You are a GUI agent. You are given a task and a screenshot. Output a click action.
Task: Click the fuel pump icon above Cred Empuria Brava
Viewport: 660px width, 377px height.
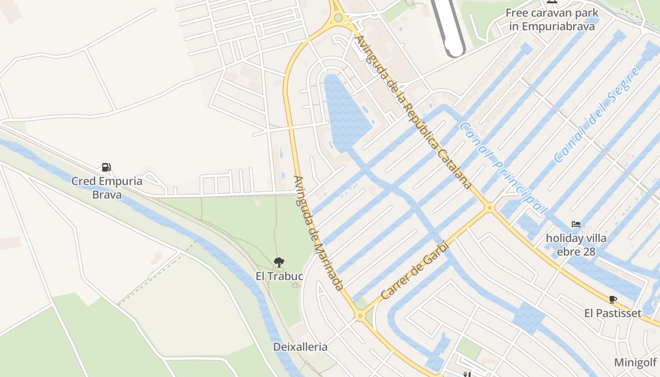[x=107, y=167]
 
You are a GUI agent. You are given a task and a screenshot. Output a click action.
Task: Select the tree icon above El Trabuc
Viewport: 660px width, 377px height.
[x=279, y=262]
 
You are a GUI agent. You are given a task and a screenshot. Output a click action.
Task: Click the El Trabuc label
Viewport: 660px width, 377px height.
[x=279, y=276]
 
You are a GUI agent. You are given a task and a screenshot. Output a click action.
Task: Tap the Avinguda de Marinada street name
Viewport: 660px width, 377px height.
[x=318, y=233]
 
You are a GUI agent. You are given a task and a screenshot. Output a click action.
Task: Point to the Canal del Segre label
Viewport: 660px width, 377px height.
[x=597, y=115]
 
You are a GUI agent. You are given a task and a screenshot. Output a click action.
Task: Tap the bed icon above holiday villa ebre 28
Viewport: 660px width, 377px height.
[x=576, y=224]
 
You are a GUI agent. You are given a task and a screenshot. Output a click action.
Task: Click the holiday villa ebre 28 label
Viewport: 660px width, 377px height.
[x=576, y=245]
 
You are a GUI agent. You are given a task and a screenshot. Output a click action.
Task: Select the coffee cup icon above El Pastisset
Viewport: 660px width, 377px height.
[x=612, y=299]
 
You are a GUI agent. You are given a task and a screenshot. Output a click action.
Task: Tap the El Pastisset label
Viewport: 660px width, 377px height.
[x=612, y=313]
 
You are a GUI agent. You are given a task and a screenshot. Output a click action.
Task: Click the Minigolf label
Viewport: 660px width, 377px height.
[x=635, y=362]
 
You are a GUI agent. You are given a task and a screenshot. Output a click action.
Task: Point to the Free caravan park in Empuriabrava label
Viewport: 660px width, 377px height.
[x=552, y=19]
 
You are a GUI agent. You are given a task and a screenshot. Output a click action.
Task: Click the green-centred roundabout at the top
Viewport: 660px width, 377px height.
[x=338, y=18]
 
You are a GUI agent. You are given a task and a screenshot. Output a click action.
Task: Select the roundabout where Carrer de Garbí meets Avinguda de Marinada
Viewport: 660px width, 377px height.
[x=361, y=316]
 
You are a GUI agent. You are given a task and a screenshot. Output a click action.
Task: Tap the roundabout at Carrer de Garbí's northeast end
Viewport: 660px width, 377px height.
[x=490, y=207]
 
